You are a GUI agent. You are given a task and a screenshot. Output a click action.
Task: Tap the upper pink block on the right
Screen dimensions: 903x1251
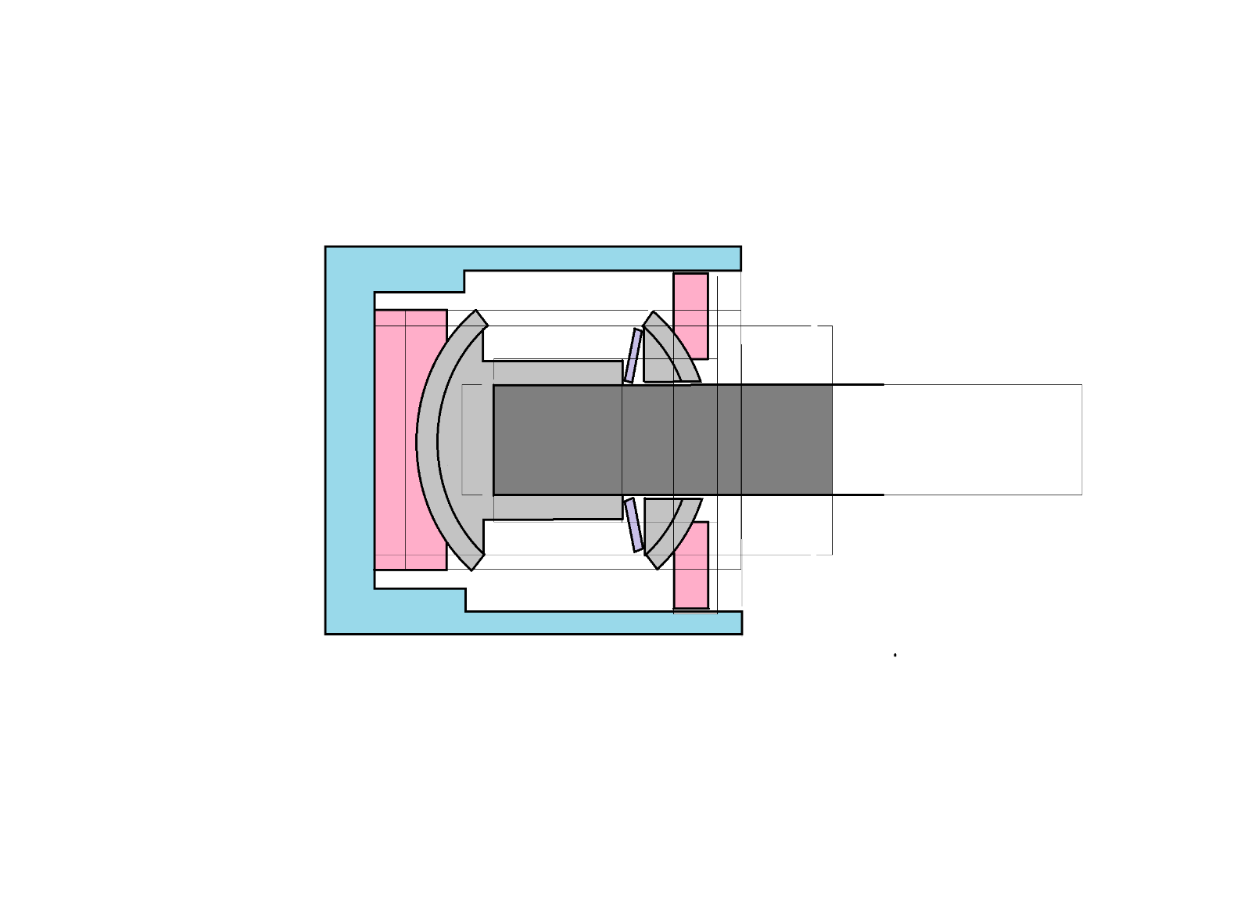[690, 315]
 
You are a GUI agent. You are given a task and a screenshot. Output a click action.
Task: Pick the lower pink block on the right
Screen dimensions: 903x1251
[690, 565]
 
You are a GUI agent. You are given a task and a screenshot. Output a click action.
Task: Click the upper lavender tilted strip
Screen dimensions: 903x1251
[633, 356]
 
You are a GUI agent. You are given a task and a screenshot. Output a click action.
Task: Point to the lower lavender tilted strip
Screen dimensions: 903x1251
[633, 524]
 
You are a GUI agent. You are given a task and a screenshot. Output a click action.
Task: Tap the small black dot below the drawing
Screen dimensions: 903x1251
[894, 654]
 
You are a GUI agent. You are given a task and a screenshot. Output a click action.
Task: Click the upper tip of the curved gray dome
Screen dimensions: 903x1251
[479, 317]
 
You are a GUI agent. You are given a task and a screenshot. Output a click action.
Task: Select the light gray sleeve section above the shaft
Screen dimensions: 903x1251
[557, 372]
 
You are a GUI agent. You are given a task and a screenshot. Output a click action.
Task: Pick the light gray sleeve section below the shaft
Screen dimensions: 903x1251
[557, 507]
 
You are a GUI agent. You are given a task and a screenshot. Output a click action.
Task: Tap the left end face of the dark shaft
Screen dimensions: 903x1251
[495, 439]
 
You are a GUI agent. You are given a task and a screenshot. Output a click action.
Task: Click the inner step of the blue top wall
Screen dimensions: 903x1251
[464, 282]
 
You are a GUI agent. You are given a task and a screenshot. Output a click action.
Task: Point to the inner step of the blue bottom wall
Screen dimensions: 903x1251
[465, 599]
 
